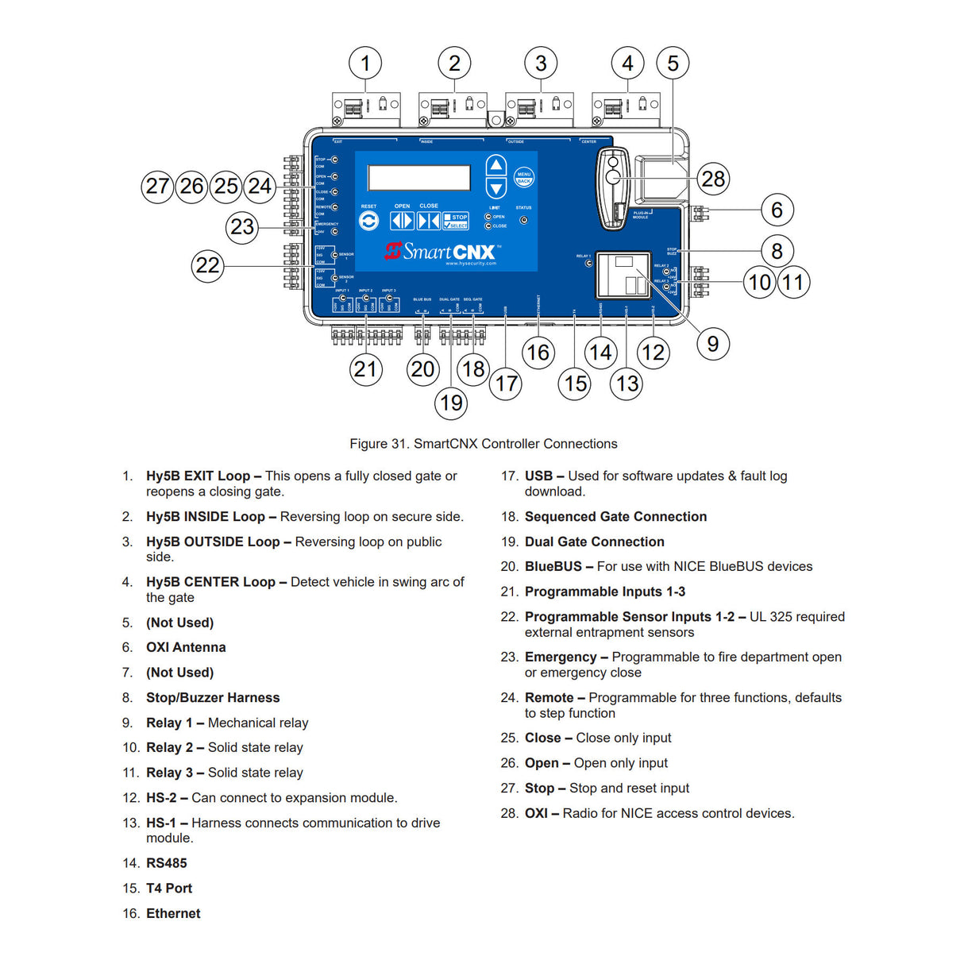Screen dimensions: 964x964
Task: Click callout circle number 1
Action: (x=365, y=63)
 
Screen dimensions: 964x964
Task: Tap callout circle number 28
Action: (x=713, y=179)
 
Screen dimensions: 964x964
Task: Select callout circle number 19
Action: (x=451, y=403)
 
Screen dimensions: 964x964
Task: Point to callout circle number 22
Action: (x=207, y=265)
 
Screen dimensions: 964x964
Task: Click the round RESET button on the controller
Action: (x=368, y=222)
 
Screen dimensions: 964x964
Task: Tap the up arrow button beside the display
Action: (x=496, y=165)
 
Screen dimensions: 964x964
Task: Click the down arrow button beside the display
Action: (x=496, y=188)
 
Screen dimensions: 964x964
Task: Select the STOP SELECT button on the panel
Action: (x=456, y=221)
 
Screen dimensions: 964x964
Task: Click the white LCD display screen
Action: (x=419, y=177)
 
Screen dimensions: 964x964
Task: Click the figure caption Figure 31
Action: (x=483, y=444)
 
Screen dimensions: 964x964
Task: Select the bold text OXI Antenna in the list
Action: (x=186, y=647)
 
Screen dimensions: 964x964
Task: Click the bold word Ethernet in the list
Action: (x=173, y=913)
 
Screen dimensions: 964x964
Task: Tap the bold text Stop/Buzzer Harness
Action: (x=213, y=697)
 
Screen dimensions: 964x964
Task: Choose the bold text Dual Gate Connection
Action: (x=594, y=542)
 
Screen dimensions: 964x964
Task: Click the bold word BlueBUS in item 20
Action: (x=553, y=566)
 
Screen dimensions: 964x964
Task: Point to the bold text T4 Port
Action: (x=169, y=888)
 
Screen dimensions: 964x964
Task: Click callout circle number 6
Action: (x=777, y=210)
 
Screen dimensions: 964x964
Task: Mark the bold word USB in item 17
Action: (x=538, y=476)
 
